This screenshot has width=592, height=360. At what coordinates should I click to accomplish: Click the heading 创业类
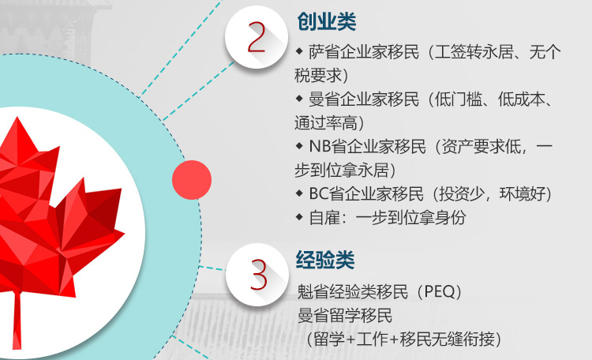point(327,21)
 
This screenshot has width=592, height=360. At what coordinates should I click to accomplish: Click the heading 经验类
point(325,260)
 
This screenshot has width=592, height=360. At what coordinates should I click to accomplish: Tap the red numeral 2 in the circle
point(257,37)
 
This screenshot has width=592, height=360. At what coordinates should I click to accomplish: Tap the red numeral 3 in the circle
point(259,275)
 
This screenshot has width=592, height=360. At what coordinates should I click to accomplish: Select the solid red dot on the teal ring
point(192,180)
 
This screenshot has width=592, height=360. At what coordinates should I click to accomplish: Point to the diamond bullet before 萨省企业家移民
point(299,51)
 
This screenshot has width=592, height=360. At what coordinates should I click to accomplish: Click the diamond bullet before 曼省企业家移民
point(299,99)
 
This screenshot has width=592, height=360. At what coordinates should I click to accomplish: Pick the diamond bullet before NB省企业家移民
point(299,146)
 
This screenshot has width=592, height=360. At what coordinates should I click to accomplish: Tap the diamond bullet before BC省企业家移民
point(299,193)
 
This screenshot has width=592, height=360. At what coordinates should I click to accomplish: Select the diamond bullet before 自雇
point(299,217)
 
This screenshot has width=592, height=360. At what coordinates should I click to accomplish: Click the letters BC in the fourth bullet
point(319,193)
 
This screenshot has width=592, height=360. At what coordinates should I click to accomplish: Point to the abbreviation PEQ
point(440,291)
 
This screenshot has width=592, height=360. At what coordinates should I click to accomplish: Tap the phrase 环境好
point(523,193)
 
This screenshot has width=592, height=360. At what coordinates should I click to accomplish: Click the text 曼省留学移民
point(345,316)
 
